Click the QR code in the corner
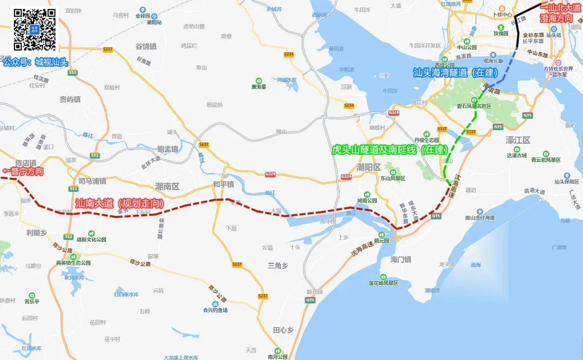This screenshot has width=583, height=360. coord(34,30)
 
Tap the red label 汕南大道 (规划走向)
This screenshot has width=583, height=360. coord(118,203)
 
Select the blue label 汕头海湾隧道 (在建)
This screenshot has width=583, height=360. coord(455,72)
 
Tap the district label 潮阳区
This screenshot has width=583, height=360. coord(369,167)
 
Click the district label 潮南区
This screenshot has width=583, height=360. coord(167,186)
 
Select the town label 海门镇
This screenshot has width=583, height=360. coord(401,260)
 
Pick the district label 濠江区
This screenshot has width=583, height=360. coord(518,140)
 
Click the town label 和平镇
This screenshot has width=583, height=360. coord(223,184)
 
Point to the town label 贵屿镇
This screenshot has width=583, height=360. coord(70,99)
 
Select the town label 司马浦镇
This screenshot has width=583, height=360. coord(91,181)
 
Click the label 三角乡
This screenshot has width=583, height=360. coord(279,266)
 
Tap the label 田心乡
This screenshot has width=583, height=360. coord(283,330)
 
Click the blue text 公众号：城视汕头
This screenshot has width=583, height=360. coord(35,62)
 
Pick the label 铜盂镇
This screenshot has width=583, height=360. coord(167,149)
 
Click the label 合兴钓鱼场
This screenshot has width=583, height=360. coord(215,310)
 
